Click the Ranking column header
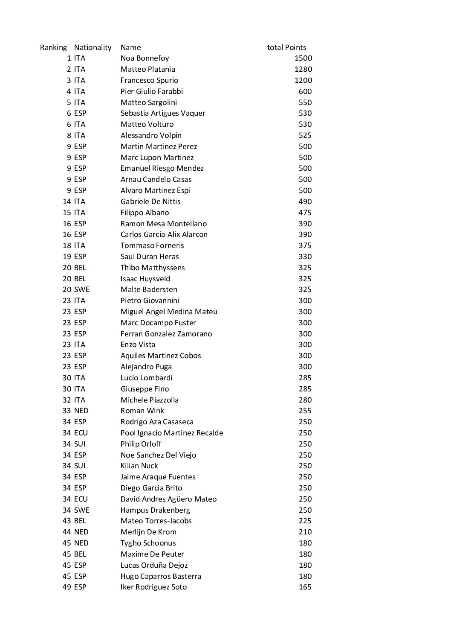[53, 47]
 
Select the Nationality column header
[93, 47]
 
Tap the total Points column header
[286, 47]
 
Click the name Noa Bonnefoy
[145, 58]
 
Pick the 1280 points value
[303, 69]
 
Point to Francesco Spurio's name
[149, 80]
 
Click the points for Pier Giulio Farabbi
[305, 91]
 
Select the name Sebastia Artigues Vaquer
[163, 113]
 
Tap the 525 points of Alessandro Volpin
[305, 135]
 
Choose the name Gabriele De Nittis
[150, 201]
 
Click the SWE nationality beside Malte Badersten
[82, 289]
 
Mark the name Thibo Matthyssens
[153, 268]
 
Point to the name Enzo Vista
[138, 344]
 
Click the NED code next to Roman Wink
[81, 411]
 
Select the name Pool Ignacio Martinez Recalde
[172, 433]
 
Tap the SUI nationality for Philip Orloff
[80, 444]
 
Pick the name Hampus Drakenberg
[155, 510]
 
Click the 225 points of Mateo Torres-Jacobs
[305, 521]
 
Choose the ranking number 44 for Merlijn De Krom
[66, 532]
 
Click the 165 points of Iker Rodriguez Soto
[305, 587]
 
